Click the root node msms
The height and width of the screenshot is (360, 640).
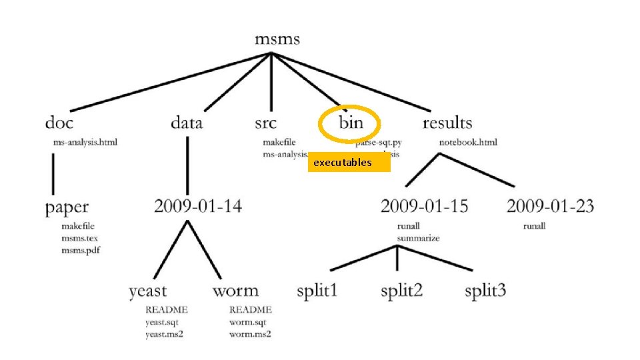tap(277, 39)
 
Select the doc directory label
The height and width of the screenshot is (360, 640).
tap(59, 123)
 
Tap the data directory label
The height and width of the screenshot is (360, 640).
tap(187, 123)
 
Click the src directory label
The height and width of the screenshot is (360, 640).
tap(265, 123)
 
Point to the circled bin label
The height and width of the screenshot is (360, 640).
tap(351, 123)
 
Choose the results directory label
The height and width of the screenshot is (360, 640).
tap(447, 123)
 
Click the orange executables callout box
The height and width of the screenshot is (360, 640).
tap(349, 163)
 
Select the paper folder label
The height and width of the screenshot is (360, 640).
tap(67, 207)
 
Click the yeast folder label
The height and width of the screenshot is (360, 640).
tap(148, 291)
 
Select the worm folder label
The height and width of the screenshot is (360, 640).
tap(235, 291)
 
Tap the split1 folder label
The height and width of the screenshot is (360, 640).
tap(317, 291)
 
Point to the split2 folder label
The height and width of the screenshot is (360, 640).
tap(403, 291)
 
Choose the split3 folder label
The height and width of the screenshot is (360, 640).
tap(485, 291)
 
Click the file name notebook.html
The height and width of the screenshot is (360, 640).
tap(468, 142)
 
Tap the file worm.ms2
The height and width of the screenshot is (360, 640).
tap(250, 333)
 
